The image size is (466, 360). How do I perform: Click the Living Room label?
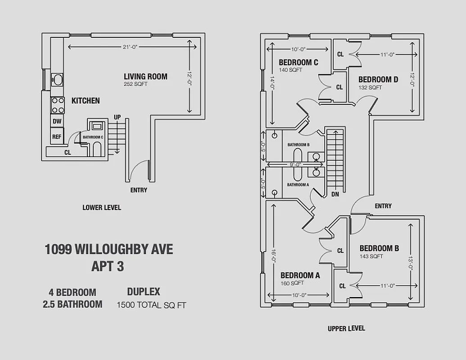145,76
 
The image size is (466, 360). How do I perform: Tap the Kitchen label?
86,101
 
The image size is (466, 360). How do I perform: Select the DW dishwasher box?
57,121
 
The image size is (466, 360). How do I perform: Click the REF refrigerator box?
57,137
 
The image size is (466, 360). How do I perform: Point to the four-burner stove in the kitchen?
58,105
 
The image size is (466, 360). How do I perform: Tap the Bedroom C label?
298,63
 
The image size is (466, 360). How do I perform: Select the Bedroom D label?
378,80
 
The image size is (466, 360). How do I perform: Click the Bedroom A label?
300,275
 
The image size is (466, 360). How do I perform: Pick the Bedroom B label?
379,248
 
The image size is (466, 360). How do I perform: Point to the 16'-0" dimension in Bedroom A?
273,256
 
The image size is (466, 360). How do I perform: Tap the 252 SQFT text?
136,84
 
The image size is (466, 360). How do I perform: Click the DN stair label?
335,194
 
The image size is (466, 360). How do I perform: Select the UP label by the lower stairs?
117,117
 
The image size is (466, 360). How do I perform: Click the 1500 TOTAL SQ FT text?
151,305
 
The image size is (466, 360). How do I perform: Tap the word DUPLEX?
144,292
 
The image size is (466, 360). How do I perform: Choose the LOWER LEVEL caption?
102,208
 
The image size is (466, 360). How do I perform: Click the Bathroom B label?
299,144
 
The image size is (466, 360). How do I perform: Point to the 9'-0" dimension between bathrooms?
295,164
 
